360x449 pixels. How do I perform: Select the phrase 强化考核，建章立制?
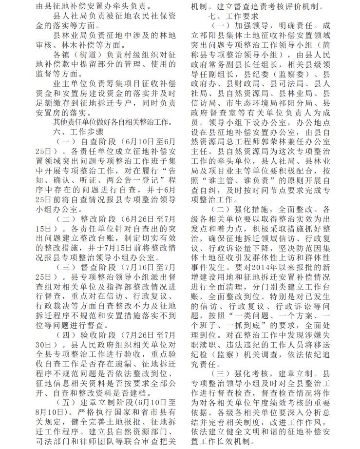(273, 373)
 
